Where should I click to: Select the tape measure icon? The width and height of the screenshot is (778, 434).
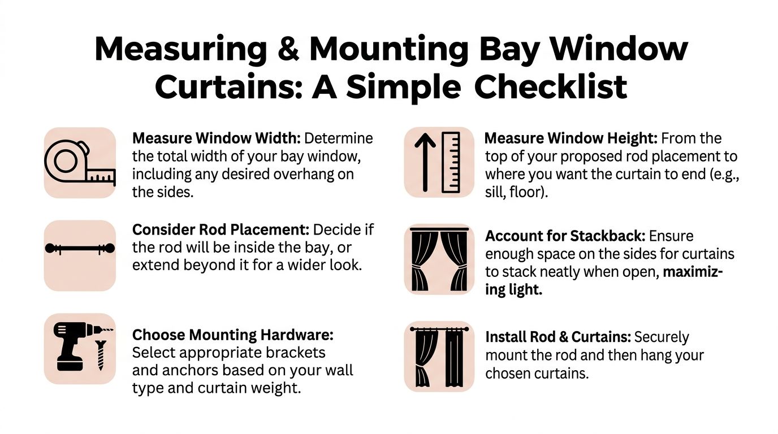point(80,163)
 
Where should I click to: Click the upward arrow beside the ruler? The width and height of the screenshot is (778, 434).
point(425,162)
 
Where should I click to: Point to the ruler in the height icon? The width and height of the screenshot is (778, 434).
point(451,162)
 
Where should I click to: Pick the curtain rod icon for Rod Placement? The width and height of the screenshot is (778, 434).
point(80,248)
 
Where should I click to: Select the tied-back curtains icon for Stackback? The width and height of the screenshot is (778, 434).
point(439,259)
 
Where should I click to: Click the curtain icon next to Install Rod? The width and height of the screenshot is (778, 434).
point(439,357)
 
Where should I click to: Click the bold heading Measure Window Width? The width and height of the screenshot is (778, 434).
point(217,138)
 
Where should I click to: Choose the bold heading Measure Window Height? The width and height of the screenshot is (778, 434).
point(571,138)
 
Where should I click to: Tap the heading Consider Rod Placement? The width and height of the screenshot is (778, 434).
point(221,229)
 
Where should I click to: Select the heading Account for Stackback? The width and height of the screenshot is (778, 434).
point(565,236)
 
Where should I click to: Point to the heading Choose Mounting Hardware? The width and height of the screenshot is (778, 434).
point(233,335)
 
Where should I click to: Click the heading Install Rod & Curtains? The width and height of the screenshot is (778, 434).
point(558,337)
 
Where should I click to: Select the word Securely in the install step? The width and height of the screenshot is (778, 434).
point(662,337)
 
